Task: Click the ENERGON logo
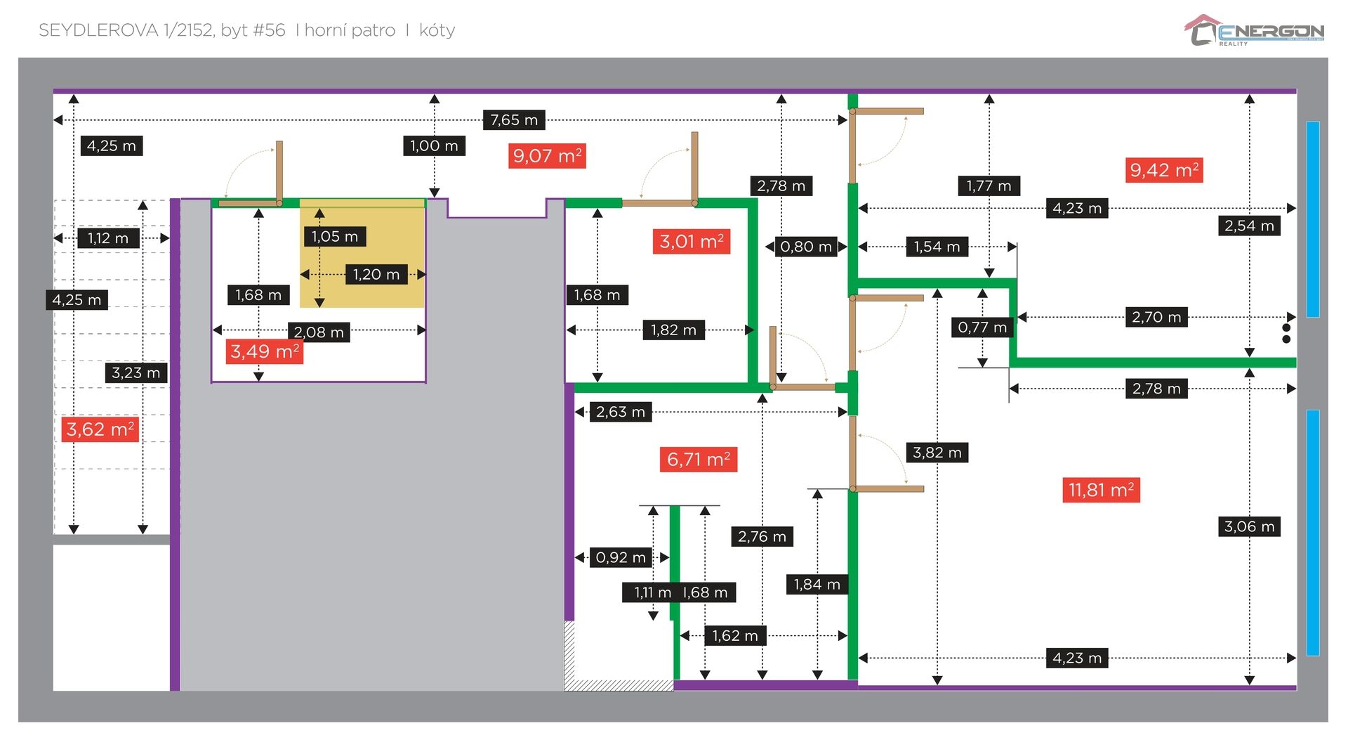point(1254,31)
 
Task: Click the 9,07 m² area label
point(547,156)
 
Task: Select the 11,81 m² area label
point(1101,490)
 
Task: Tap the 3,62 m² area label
point(100,429)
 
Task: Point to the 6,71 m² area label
point(698,460)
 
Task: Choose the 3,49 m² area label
point(265,351)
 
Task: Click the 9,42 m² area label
point(1164,170)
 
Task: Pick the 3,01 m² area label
point(691,242)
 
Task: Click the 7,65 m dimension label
point(514,120)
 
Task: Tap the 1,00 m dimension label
point(434,146)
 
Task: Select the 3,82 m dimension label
point(937,453)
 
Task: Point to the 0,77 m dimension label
point(982,327)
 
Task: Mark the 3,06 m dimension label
point(1249,526)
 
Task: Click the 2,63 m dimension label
point(620,412)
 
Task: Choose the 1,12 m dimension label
point(108,238)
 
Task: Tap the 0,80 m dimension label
point(806,247)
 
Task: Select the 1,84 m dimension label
point(817,585)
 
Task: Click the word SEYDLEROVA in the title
point(98,30)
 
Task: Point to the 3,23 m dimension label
point(136,373)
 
